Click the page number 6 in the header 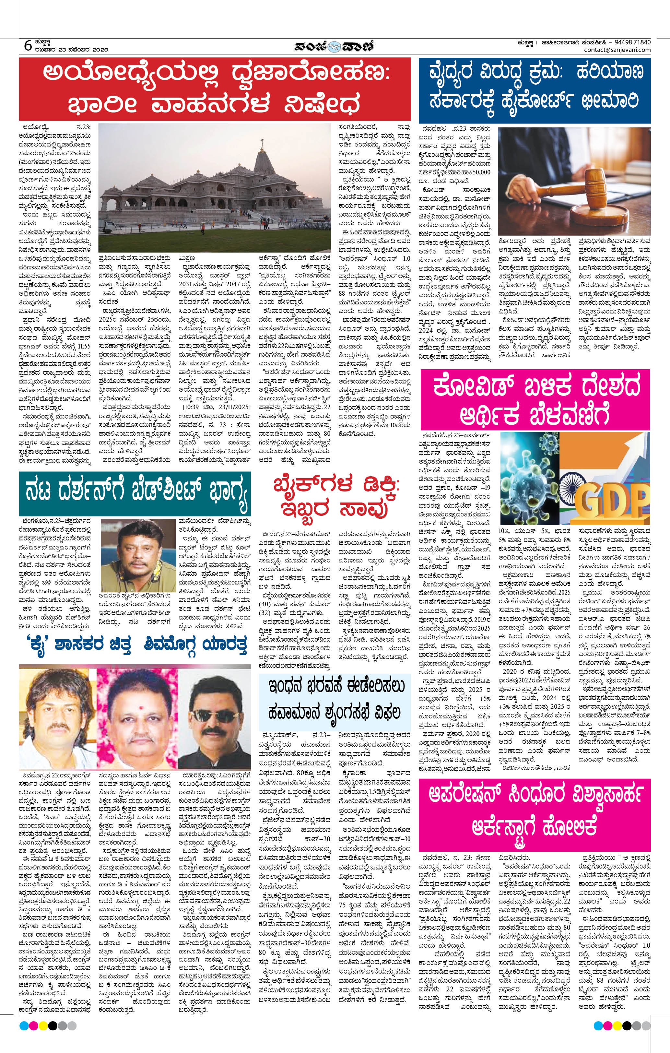[x=28, y=45]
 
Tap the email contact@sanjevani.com [x=617, y=50]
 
